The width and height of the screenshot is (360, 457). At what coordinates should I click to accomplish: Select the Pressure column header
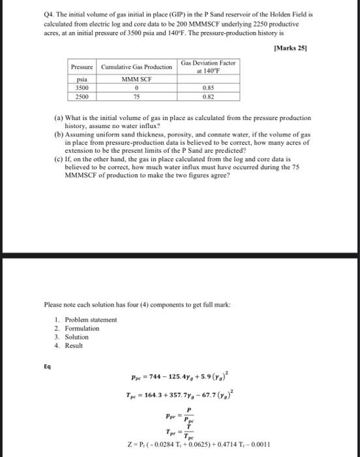point(83,67)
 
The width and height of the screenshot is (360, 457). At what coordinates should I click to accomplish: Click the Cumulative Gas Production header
point(137,67)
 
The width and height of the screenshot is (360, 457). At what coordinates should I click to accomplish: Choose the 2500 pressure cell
point(83,95)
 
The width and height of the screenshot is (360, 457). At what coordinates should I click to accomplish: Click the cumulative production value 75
point(137,95)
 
